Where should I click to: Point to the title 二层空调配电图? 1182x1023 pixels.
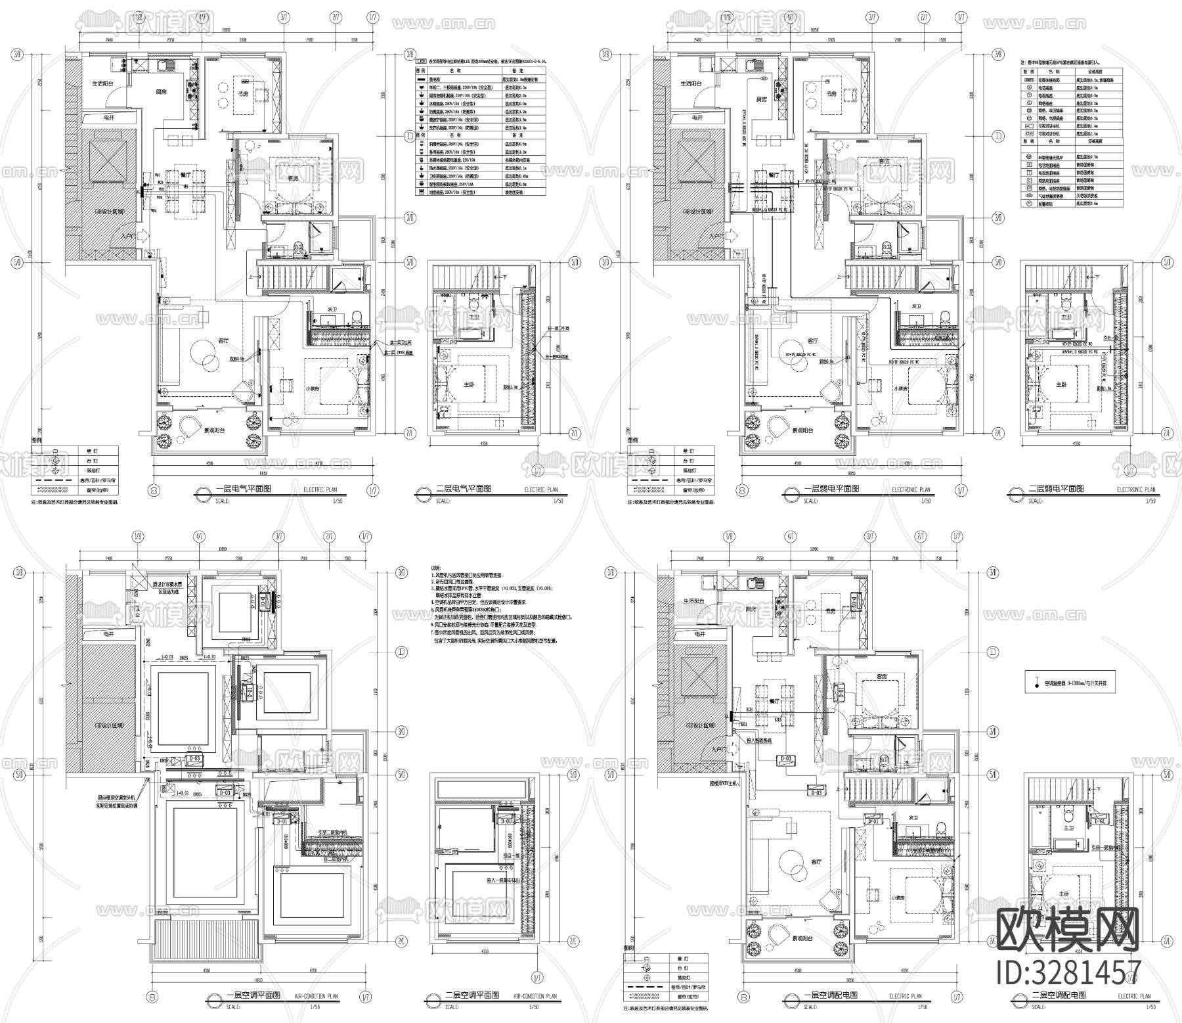tap(1059, 995)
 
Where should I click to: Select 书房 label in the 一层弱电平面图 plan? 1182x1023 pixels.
tap(831, 94)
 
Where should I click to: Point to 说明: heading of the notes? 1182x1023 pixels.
tap(436, 568)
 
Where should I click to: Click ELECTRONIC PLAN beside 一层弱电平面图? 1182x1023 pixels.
tap(911, 489)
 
